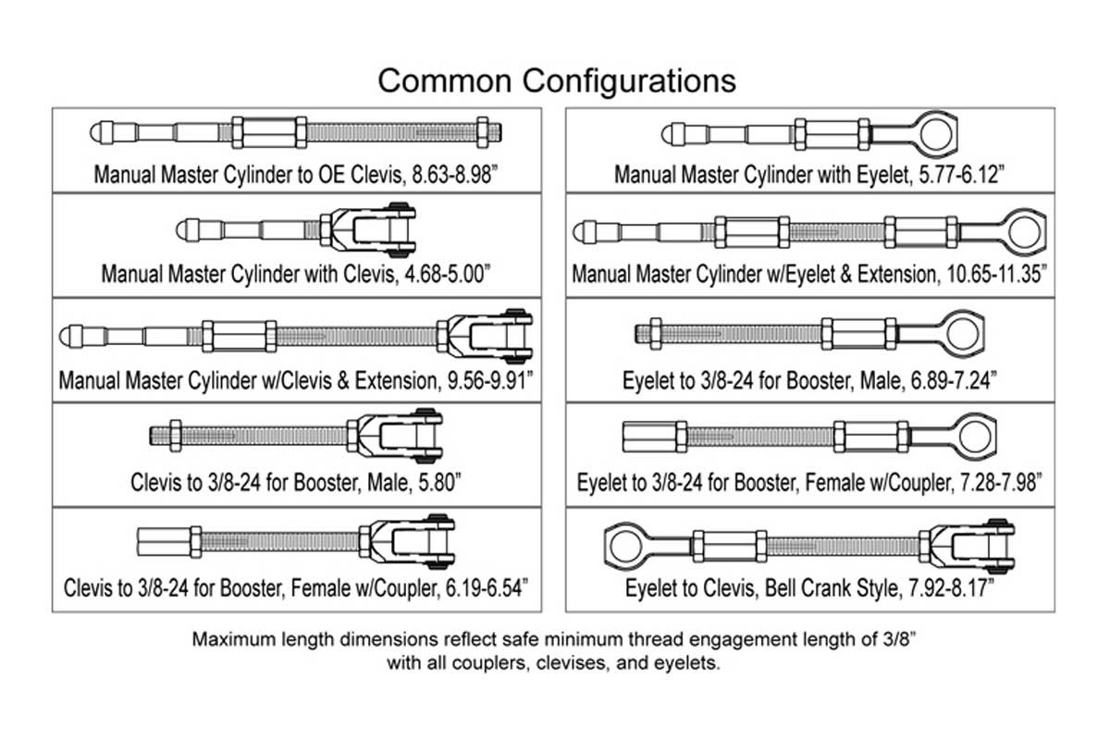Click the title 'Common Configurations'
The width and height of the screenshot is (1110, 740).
click(557, 80)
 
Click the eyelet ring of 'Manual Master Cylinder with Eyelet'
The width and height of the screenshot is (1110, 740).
click(935, 132)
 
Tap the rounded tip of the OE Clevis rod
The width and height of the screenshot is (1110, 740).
click(97, 131)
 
